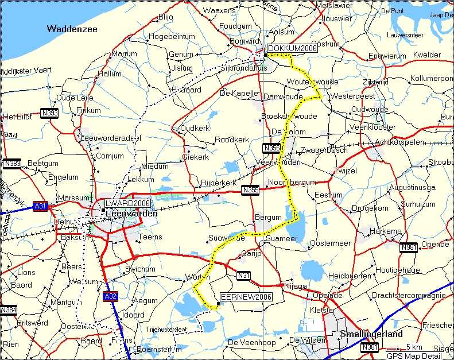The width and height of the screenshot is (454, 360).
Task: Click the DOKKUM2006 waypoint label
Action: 292,48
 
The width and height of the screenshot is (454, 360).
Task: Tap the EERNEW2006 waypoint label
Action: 246,296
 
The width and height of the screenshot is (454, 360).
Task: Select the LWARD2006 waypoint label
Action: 127,203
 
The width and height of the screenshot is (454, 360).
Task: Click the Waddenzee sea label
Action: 72,29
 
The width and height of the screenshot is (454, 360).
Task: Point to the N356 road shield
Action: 271,148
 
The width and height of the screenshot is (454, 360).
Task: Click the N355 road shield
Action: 250,190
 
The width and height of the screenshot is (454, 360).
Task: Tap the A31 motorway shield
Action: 40,206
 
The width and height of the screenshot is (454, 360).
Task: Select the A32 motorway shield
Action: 111,296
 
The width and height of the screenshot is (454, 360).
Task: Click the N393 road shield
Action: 50,113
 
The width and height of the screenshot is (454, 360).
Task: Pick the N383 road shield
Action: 11,164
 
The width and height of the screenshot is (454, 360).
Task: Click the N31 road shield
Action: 243,276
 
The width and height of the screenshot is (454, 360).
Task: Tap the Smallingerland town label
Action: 371,334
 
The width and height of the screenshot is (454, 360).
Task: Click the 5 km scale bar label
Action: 414,347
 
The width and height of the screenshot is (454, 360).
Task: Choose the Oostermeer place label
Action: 330,243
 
